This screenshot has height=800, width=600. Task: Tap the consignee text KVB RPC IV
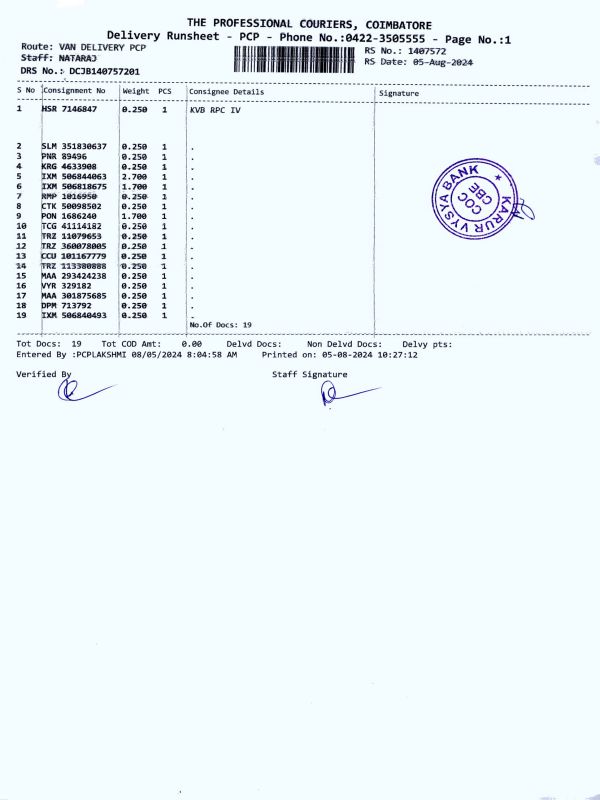[x=215, y=110]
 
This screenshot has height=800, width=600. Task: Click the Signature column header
[x=399, y=93]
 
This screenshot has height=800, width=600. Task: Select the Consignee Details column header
[x=227, y=91]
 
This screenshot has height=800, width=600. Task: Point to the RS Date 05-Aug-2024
[x=436, y=61]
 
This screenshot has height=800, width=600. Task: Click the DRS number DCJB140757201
[x=105, y=72]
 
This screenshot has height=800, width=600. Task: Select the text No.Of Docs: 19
[x=220, y=325]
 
